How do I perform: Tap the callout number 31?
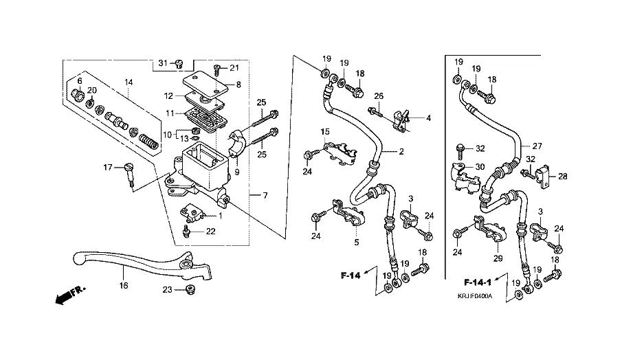tap(162, 63)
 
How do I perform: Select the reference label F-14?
tap(351, 275)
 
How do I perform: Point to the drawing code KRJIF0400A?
tap(480, 297)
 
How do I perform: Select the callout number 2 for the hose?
tap(401, 150)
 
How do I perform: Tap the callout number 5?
tap(356, 241)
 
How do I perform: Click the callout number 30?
tap(480, 166)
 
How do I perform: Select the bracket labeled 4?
tap(401, 118)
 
